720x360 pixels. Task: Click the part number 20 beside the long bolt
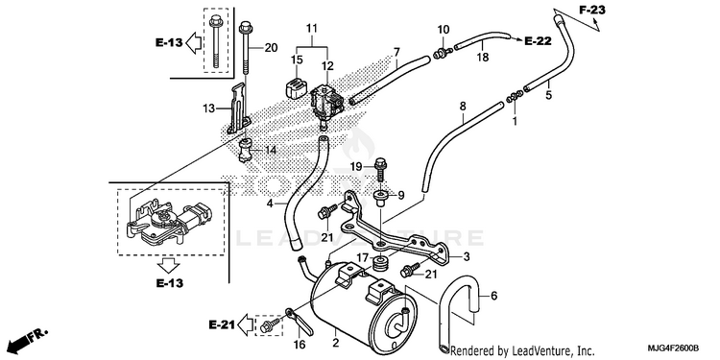(x=271, y=47)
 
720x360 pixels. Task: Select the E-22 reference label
(x=538, y=41)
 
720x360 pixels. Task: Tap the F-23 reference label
(x=592, y=10)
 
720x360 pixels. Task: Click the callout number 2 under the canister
(x=336, y=343)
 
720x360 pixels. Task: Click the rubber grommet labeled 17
(x=380, y=264)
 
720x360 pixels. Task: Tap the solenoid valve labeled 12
(x=326, y=104)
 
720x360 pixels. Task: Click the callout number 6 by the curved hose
(x=493, y=296)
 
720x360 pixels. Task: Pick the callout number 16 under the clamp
(x=300, y=345)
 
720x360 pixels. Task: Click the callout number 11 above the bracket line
(x=312, y=29)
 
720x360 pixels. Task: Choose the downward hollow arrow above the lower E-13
(x=170, y=265)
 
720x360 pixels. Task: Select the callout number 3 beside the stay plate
(x=466, y=257)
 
